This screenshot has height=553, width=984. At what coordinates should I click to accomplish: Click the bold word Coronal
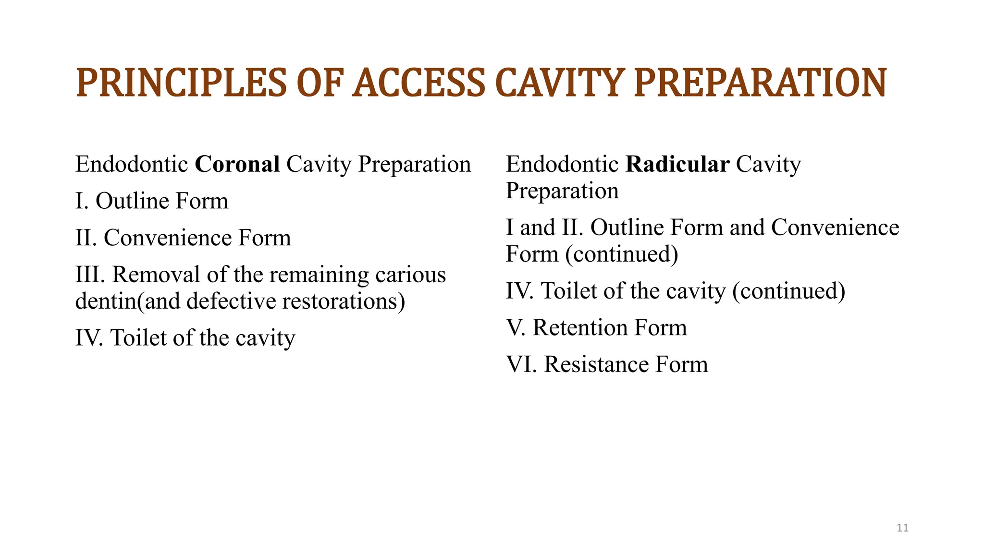(x=237, y=164)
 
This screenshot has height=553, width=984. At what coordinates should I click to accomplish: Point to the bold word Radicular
(x=677, y=164)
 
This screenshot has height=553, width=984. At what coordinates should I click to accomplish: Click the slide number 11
(x=902, y=528)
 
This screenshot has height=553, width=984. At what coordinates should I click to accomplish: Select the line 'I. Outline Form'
(x=152, y=201)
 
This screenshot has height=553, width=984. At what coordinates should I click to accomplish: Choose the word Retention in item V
(x=580, y=327)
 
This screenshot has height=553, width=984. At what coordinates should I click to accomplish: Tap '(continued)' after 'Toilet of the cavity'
(x=788, y=291)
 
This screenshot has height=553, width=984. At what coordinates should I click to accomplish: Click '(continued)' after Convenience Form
(x=622, y=254)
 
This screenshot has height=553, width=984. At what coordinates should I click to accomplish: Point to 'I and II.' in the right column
(x=544, y=228)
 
